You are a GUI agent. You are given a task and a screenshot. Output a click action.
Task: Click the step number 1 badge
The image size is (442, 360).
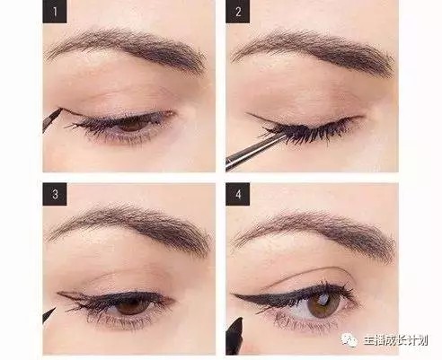pyautogui.click(x=55, y=12)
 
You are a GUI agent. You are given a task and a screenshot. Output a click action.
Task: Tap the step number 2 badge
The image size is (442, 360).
pyautogui.click(x=238, y=12)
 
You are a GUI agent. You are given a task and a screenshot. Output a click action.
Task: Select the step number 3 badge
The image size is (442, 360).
pyautogui.click(x=55, y=194)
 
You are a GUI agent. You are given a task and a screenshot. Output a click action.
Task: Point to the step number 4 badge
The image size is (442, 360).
pyautogui.click(x=238, y=194)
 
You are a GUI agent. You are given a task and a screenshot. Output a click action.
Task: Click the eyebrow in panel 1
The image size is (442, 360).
pyautogui.click(x=126, y=48)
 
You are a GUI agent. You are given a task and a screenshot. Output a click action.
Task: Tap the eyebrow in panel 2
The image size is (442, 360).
pyautogui.click(x=313, y=49)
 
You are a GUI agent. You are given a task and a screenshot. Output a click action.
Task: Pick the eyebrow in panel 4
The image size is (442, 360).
pyautogui.click(x=314, y=231)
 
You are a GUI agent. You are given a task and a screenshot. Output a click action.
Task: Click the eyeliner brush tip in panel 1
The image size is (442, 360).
pyautogui.click(x=52, y=119)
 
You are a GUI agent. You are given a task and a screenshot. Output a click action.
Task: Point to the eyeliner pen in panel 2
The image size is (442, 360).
pyautogui.click(x=254, y=152)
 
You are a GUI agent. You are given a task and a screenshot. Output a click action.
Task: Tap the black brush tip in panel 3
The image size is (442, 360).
pyautogui.click(x=49, y=315)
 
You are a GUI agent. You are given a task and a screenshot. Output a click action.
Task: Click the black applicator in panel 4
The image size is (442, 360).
pyautogui.click(x=234, y=336)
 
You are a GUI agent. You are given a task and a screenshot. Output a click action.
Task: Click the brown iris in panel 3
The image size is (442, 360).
pyautogui.click(x=131, y=306)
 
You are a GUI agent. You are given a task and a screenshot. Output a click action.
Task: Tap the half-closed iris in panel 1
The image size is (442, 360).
pyautogui.click(x=132, y=125)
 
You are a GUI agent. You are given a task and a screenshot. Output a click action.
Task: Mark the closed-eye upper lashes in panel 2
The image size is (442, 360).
pyautogui.click(x=308, y=132)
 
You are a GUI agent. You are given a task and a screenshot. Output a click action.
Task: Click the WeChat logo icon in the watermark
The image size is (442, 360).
pyautogui.click(x=349, y=339)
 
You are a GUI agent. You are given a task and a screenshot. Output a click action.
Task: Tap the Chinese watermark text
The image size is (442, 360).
pyautogui.click(x=395, y=340)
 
